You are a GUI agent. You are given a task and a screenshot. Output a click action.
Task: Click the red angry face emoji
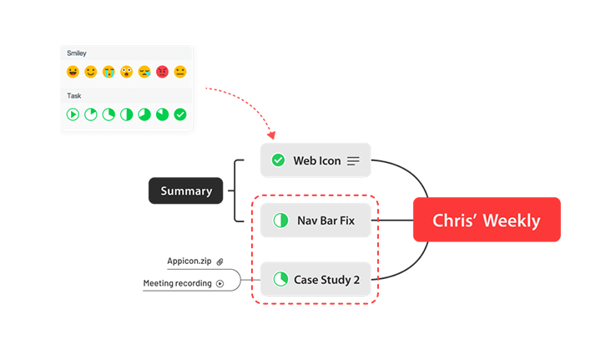tap(162, 73)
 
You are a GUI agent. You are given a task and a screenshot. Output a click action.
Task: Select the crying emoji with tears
tap(109, 73)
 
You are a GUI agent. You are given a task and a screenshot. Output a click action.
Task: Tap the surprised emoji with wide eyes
tap(126, 73)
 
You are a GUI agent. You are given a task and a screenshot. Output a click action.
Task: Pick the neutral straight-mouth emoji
tap(180, 73)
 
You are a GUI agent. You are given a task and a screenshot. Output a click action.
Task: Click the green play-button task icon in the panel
tap(73, 114)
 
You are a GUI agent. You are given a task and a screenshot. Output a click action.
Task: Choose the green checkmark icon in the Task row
tap(180, 114)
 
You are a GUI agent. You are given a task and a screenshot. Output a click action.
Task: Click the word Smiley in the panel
tap(77, 53)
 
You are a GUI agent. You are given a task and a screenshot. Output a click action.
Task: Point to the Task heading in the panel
tap(74, 96)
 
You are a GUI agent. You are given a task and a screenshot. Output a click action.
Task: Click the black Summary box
tap(186, 190)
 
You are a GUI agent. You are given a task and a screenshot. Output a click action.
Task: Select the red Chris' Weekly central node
tap(486, 221)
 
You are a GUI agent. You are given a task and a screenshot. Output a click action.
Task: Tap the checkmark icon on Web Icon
tap(278, 160)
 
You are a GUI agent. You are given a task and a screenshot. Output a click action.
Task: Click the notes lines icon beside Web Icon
tap(354, 160)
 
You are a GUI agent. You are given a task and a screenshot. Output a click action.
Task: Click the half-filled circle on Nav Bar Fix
tap(280, 221)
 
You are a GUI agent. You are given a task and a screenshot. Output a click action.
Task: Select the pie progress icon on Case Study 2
tap(280, 279)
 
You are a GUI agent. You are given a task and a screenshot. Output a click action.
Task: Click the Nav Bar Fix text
tap(326, 221)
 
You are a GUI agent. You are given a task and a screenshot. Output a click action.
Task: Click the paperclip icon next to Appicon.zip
tap(220, 261)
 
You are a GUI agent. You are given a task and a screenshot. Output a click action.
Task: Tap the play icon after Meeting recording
tap(220, 283)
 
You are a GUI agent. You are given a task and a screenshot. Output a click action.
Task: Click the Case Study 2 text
tap(326, 279)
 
